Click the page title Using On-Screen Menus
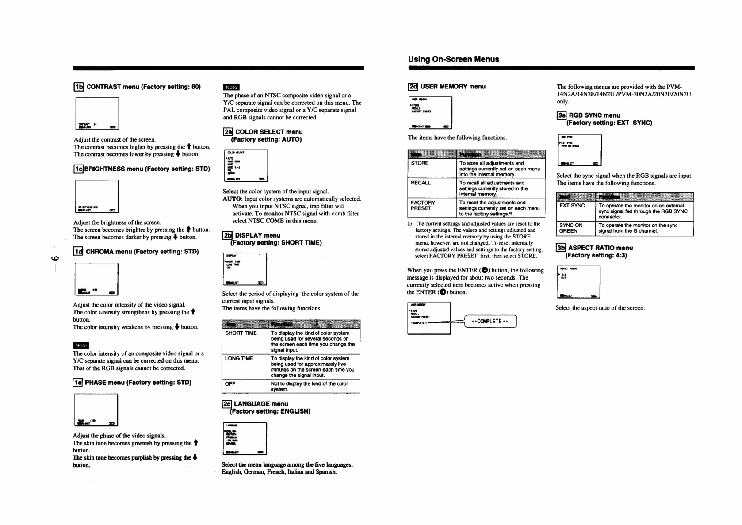pos(453,59)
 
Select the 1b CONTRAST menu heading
pos(138,87)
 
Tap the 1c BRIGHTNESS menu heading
pos(142,169)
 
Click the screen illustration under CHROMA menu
pos(96,279)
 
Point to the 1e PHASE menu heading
pos(132,383)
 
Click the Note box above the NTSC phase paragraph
pos(231,87)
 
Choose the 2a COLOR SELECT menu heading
pos(263,135)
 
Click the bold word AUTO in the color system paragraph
pos(232,199)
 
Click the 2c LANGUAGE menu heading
pos(266,407)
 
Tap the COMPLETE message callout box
pos(491,321)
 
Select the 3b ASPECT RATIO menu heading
pos(595,251)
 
